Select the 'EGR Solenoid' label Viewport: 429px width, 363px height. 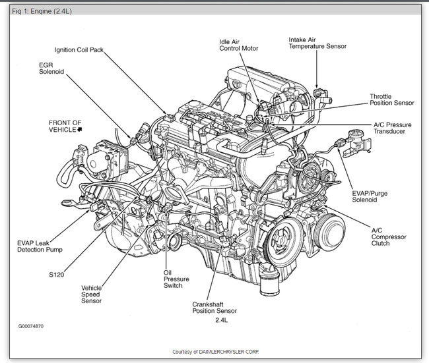coord(51,69)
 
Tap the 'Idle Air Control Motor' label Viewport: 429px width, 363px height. coord(239,45)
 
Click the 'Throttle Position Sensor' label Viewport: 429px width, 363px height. coord(391,99)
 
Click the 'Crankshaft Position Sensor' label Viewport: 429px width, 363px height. coord(214,307)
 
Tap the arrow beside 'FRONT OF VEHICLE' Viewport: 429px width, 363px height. coord(80,130)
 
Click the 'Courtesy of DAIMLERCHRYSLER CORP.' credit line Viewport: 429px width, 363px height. coord(214,351)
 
